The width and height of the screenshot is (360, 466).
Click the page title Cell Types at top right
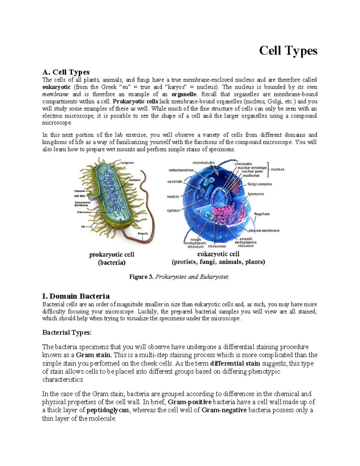click(288, 51)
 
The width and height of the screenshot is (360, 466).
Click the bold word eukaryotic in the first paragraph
click(56, 87)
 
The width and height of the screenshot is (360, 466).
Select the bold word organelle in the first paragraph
click(184, 94)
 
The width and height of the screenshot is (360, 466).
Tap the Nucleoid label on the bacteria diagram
click(135, 180)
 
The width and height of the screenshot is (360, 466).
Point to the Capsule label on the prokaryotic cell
click(79, 191)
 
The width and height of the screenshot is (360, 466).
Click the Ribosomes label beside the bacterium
click(84, 212)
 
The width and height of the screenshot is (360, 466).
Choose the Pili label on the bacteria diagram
click(83, 227)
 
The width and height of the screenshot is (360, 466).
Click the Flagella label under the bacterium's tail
click(143, 233)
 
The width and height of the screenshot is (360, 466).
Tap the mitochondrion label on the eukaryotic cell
click(181, 170)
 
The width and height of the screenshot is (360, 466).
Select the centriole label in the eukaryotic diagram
click(175, 182)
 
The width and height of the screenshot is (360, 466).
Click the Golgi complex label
click(259, 184)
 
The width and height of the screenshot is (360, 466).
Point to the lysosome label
click(256, 194)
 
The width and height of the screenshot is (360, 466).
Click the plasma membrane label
click(264, 230)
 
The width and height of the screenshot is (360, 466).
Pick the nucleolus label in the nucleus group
click(251, 175)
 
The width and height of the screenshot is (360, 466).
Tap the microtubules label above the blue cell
click(203, 163)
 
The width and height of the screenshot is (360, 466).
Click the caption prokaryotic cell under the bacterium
click(112, 254)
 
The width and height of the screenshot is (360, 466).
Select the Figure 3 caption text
click(179, 277)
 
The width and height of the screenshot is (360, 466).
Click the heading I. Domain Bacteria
click(76, 296)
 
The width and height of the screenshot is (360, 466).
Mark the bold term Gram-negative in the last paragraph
click(224, 410)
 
